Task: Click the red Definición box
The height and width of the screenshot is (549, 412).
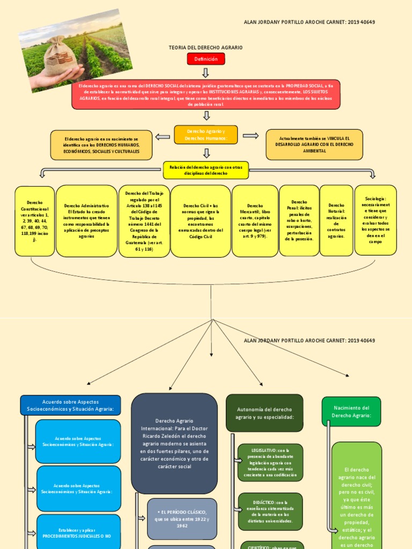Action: click(x=206, y=59)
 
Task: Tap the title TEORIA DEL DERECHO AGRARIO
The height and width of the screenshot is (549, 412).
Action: click(x=205, y=48)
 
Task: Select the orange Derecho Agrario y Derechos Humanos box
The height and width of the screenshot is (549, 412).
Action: click(x=205, y=135)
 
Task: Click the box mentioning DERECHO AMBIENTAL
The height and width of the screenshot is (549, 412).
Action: click(x=314, y=145)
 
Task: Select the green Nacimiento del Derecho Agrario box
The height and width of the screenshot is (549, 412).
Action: click(x=351, y=411)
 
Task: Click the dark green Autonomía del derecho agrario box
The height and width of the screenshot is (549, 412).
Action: click(x=264, y=413)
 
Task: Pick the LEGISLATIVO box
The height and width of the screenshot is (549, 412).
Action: click(x=270, y=462)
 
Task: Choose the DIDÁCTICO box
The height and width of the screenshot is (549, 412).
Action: click(x=270, y=511)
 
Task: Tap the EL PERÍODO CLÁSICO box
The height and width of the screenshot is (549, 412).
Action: click(x=182, y=518)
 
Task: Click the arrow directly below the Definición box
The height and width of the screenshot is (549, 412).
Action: click(x=206, y=72)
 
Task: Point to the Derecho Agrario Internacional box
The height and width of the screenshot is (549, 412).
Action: click(x=174, y=443)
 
